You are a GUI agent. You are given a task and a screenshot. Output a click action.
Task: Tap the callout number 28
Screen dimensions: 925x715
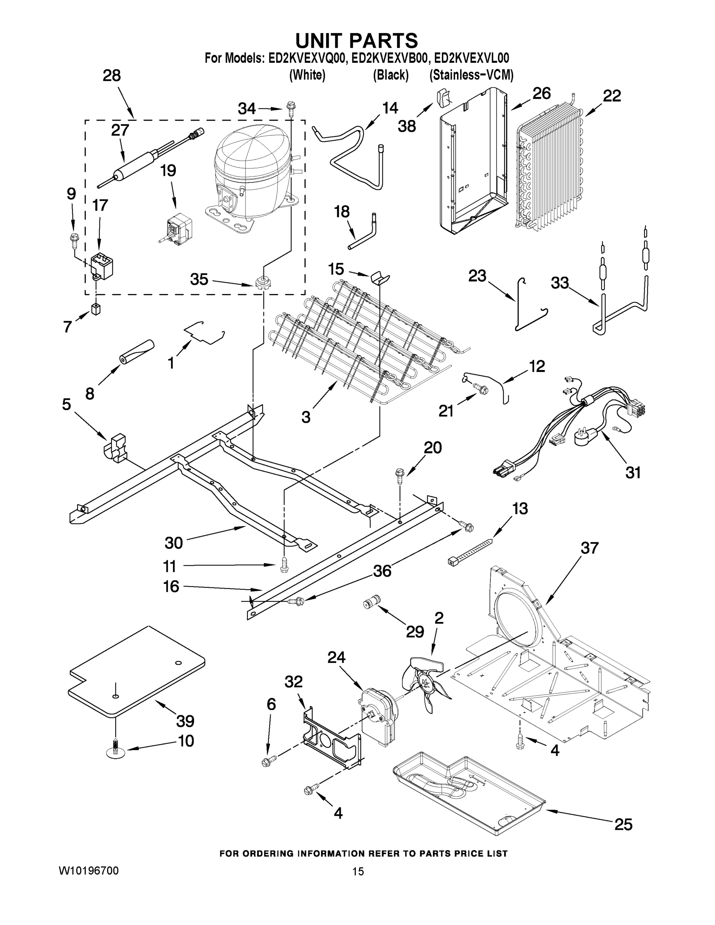[111, 76]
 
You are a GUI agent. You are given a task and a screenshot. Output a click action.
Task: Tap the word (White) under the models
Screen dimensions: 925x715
[307, 76]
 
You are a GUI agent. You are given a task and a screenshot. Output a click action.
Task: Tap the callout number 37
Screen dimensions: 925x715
[589, 548]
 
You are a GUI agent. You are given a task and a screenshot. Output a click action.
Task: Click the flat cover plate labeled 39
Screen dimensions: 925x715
[136, 673]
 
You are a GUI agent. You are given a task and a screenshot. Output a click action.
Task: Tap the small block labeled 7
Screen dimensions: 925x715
[96, 309]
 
